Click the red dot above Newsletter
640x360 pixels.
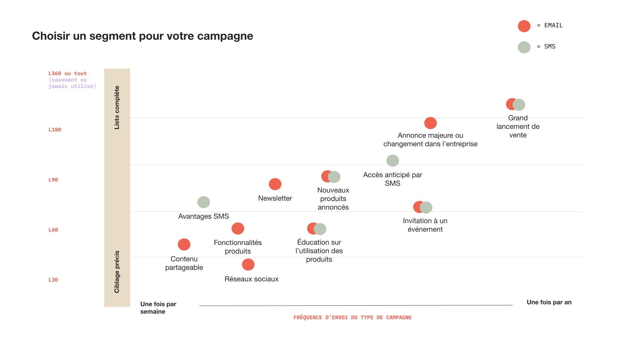coord(275,184)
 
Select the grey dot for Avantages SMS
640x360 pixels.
coord(204,202)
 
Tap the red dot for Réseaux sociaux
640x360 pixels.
coord(248,265)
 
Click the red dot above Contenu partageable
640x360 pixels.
coord(184,244)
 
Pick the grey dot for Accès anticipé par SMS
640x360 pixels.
coord(393,161)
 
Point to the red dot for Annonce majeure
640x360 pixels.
coord(430,123)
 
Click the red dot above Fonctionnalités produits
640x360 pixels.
coord(238,229)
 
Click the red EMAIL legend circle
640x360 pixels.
coord(524,26)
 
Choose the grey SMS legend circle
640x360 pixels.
coord(524,47)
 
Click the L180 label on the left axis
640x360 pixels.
coord(55,130)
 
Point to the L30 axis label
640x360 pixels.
coord(53,280)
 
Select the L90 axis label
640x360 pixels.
coord(53,180)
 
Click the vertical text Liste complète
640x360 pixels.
coord(117,107)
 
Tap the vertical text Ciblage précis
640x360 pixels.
coord(117,272)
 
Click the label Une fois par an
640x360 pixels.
coord(549,302)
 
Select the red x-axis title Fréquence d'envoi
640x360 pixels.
coord(352,317)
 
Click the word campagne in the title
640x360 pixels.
coord(225,36)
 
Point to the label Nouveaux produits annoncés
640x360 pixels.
coord(333,199)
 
